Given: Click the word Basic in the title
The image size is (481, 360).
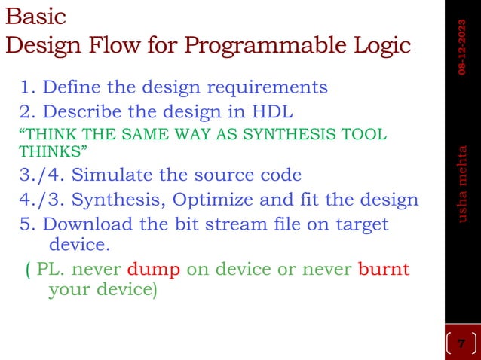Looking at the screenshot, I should click(35, 16).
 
